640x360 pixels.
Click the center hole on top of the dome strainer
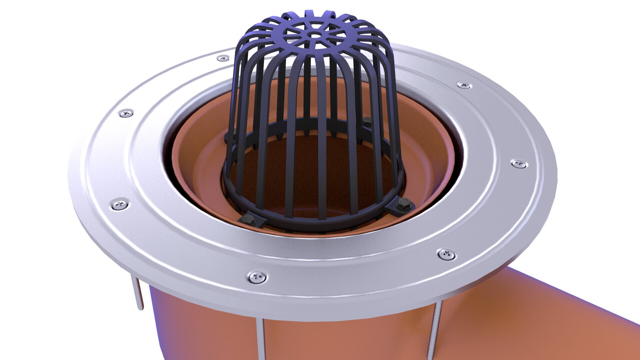314,34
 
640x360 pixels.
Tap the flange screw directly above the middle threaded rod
257,277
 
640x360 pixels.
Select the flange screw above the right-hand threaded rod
446,254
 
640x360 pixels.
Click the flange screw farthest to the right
519,164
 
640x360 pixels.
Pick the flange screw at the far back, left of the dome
223,59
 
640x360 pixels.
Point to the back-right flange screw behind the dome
464,85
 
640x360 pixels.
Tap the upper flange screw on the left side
126,113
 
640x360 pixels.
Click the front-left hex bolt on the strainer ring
247,219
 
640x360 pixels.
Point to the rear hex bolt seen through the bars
367,121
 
